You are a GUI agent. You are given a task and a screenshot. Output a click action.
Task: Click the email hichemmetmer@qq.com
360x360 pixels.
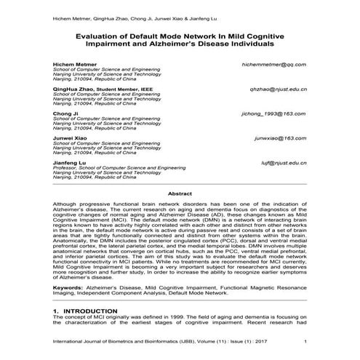click(x=273, y=65)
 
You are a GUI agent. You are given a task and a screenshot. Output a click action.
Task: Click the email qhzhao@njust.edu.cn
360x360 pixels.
click(x=277, y=89)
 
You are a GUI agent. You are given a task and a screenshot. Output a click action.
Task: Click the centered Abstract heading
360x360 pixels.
click(x=180, y=194)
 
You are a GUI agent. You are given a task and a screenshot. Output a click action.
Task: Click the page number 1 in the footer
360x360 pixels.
click(x=305, y=342)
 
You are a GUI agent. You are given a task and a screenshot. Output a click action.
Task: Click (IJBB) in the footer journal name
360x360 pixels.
click(x=163, y=342)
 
